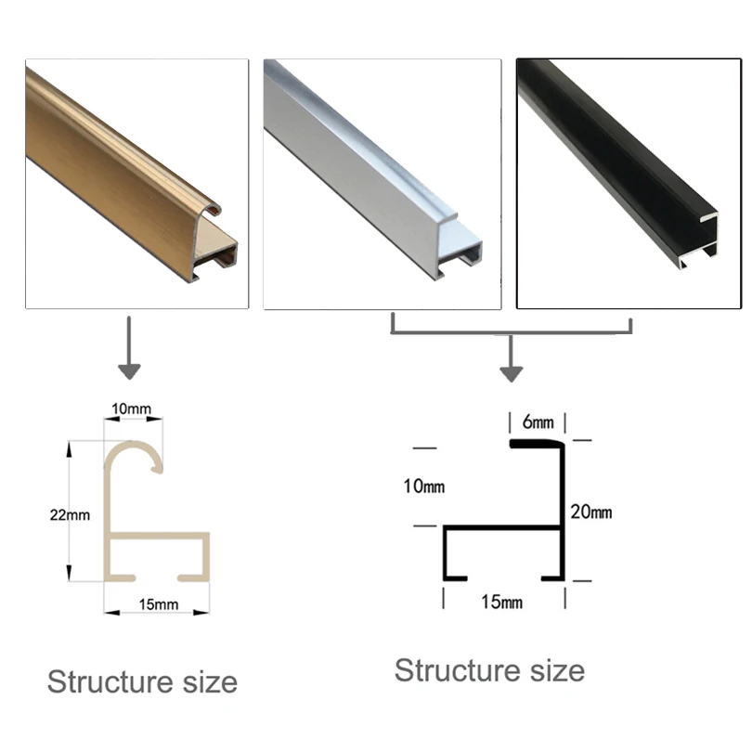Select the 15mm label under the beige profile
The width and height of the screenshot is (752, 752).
pyautogui.click(x=158, y=604)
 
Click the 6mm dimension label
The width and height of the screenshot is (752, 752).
pyautogui.click(x=532, y=421)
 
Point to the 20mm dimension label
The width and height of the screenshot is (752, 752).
pyautogui.click(x=590, y=512)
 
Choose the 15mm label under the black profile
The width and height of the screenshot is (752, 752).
pyautogui.click(x=502, y=603)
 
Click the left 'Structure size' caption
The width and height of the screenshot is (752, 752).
pyautogui.click(x=142, y=682)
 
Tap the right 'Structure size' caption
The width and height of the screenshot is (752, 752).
pyautogui.click(x=489, y=669)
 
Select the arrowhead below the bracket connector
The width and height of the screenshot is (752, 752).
pyautogui.click(x=510, y=373)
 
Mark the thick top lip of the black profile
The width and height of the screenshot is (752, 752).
pyautogui.click(x=536, y=445)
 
